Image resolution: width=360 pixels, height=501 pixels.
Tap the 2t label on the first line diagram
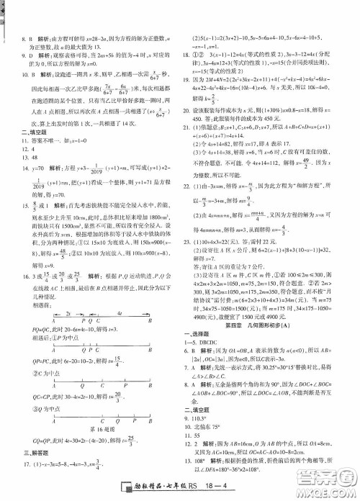67,273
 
